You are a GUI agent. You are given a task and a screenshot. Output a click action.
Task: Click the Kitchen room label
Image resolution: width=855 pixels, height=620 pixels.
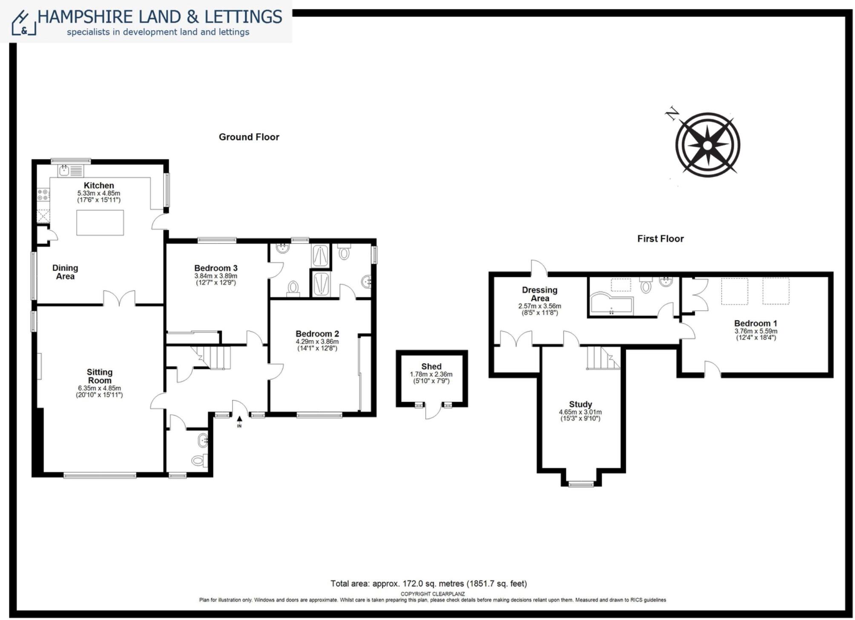click(99, 185)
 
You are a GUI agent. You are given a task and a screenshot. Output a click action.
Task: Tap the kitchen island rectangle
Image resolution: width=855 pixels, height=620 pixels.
click(100, 222)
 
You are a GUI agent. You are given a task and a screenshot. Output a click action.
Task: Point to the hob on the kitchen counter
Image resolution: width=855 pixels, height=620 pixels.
click(43, 195)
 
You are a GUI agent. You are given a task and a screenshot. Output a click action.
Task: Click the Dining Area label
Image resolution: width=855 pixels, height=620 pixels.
click(65, 272)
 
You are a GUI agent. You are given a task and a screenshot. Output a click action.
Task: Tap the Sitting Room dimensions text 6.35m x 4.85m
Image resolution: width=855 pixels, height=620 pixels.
click(99, 388)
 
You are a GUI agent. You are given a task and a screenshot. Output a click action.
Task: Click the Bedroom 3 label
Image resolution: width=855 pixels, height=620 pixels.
click(215, 268)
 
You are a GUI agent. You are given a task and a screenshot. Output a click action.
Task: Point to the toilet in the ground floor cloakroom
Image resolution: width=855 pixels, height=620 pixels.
click(198, 460)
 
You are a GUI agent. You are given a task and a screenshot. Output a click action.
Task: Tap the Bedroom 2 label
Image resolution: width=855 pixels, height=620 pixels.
click(317, 334)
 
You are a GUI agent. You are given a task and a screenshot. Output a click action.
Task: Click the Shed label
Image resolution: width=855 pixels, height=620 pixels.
click(431, 366)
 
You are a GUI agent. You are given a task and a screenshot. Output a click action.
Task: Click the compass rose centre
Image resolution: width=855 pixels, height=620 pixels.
click(707, 146)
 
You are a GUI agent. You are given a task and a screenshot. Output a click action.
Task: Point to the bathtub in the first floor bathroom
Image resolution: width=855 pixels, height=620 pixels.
click(611, 303)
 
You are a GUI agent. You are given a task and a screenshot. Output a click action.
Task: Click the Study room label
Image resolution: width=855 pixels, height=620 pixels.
click(580, 404)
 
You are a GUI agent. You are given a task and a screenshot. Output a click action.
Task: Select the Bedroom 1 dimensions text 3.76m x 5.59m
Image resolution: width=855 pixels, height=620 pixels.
click(756, 331)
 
